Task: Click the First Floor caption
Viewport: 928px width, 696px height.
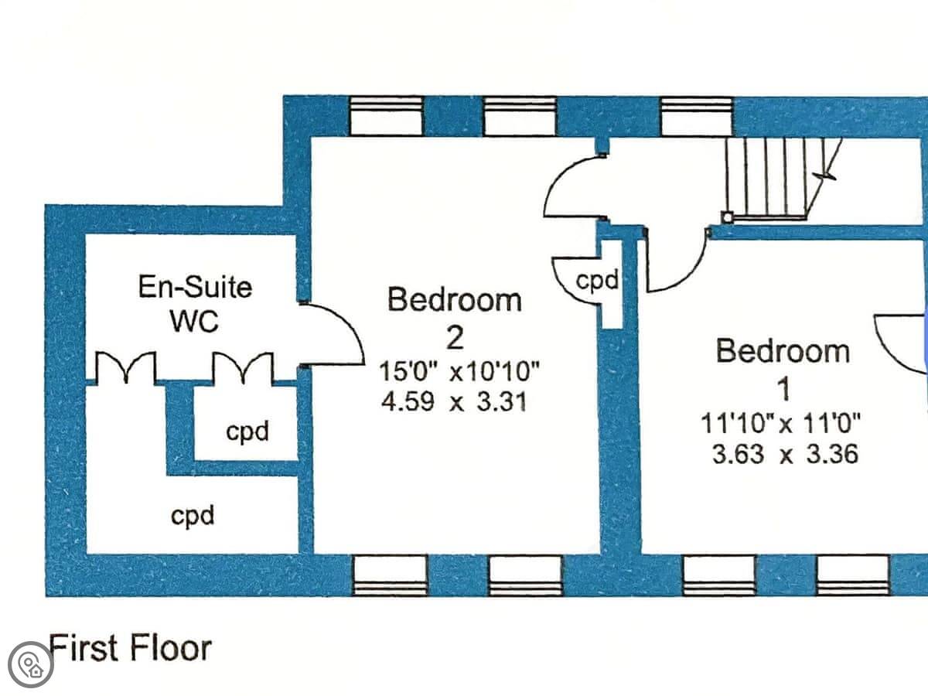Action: point(130,647)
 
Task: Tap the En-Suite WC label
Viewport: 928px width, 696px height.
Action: point(195,303)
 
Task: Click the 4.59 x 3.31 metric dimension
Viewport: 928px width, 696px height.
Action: point(454,402)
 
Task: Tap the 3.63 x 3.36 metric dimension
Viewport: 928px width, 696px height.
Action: point(784,453)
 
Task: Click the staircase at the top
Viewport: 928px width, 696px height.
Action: point(773,179)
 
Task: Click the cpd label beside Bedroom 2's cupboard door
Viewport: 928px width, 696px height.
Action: point(598,281)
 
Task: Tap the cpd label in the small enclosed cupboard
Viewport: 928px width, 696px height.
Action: point(247,431)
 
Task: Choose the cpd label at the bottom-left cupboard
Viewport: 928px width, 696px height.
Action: point(193,514)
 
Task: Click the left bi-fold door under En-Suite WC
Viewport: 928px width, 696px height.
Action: point(125,367)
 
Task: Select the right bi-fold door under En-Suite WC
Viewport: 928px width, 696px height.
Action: point(243,367)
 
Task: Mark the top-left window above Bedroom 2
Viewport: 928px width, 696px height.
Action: point(387,116)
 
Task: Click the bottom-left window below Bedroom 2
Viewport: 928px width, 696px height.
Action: point(390,576)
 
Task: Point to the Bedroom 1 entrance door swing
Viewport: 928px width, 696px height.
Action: point(676,263)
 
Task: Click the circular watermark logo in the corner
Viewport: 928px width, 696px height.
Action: point(31,664)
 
